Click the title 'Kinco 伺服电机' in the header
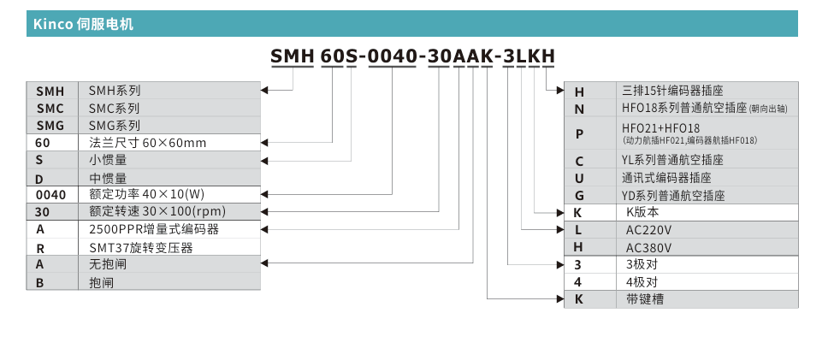coord(84,24)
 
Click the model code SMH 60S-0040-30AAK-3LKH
coord(412,57)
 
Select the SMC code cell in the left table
coord(50,108)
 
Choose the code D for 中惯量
coord(40,178)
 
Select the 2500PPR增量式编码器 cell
coord(154,229)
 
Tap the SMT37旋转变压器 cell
coord(141,247)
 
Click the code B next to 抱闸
coord(40,282)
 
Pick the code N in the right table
coord(579,109)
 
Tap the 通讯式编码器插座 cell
coord(666,178)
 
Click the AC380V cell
coord(649,247)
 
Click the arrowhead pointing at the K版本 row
coord(559,212)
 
